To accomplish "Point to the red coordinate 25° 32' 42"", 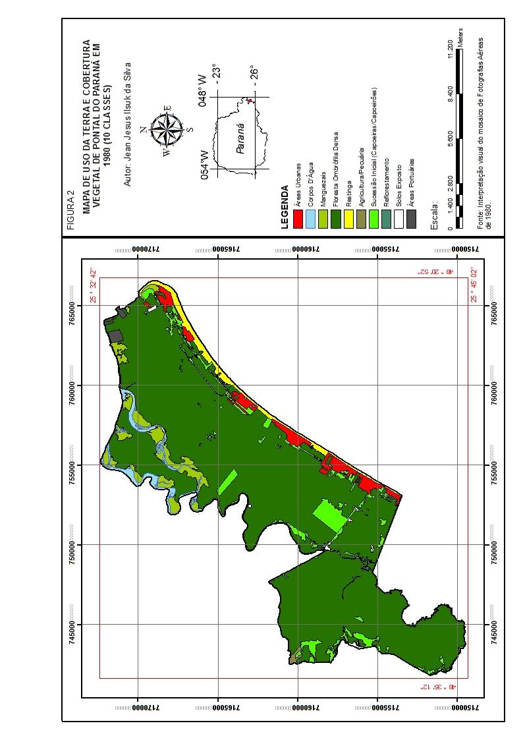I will tap(94, 285).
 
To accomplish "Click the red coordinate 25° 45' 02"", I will tap(473, 285).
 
